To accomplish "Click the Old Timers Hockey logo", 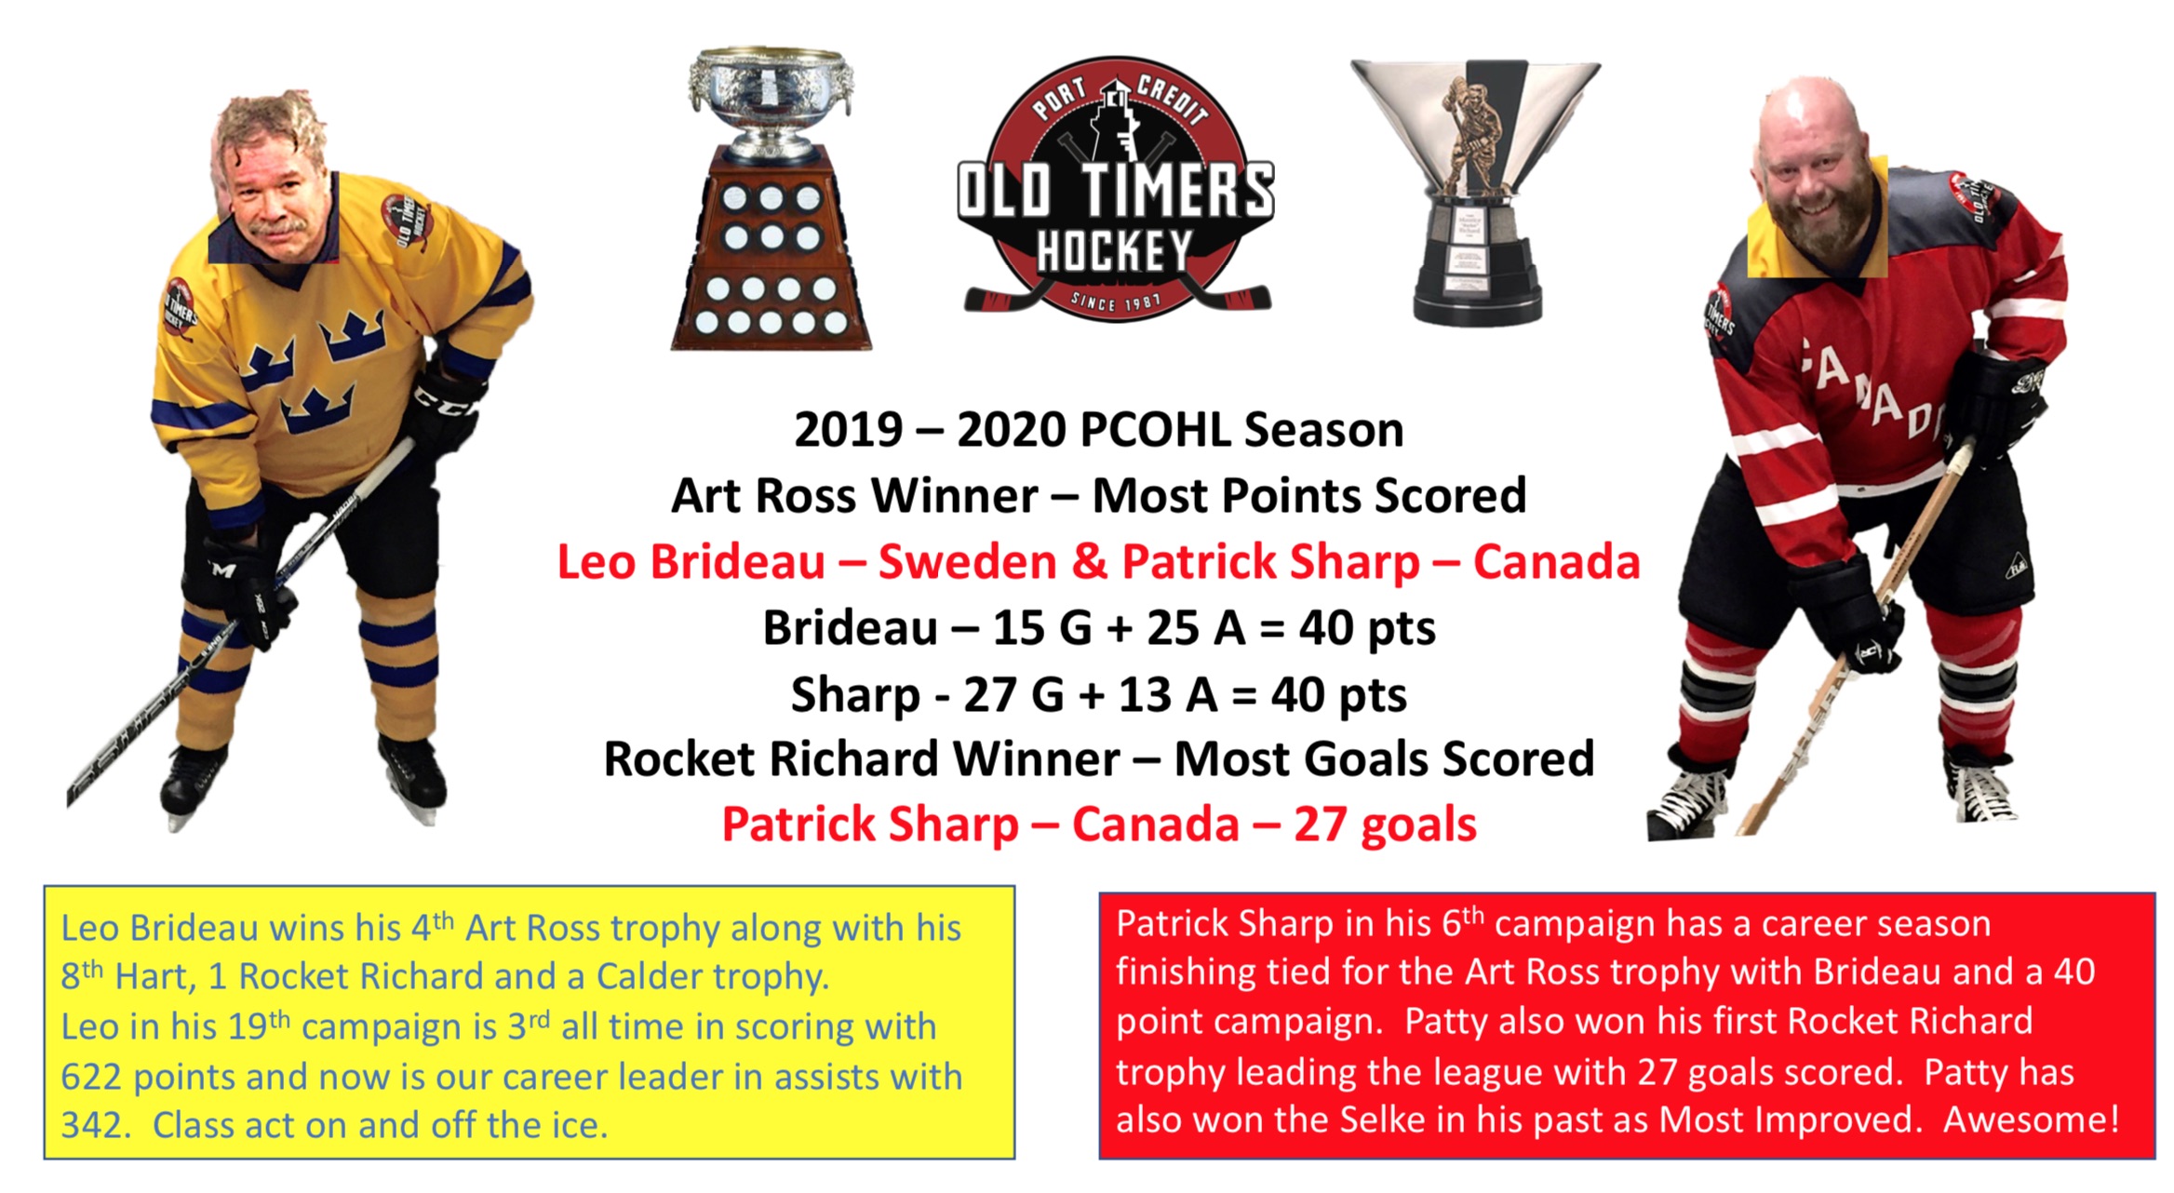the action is [1116, 189].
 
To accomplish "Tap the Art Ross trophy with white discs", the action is [771, 199].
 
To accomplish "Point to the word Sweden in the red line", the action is [967, 562].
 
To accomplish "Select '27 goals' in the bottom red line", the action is [1385, 824].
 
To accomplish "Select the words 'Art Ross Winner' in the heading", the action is [854, 496].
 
